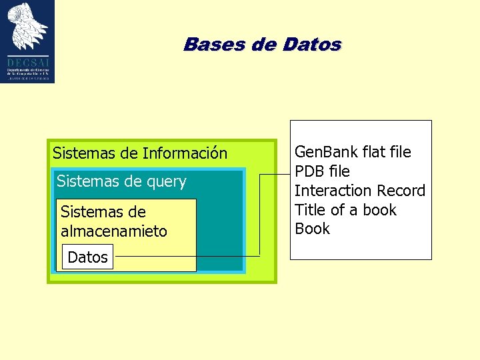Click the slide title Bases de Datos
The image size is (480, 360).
262,45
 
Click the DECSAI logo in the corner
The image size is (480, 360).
27,41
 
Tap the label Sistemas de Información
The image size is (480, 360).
140,153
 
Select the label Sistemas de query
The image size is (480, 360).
121,181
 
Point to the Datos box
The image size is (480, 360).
87,257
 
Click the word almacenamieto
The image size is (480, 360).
113,231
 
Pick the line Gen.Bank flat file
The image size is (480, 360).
353,152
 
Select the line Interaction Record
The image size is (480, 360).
359,191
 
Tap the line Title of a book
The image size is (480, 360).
345,210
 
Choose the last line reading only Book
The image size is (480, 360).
312,229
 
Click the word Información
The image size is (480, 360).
185,153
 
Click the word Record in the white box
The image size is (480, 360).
401,191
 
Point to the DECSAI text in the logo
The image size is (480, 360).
27,62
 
